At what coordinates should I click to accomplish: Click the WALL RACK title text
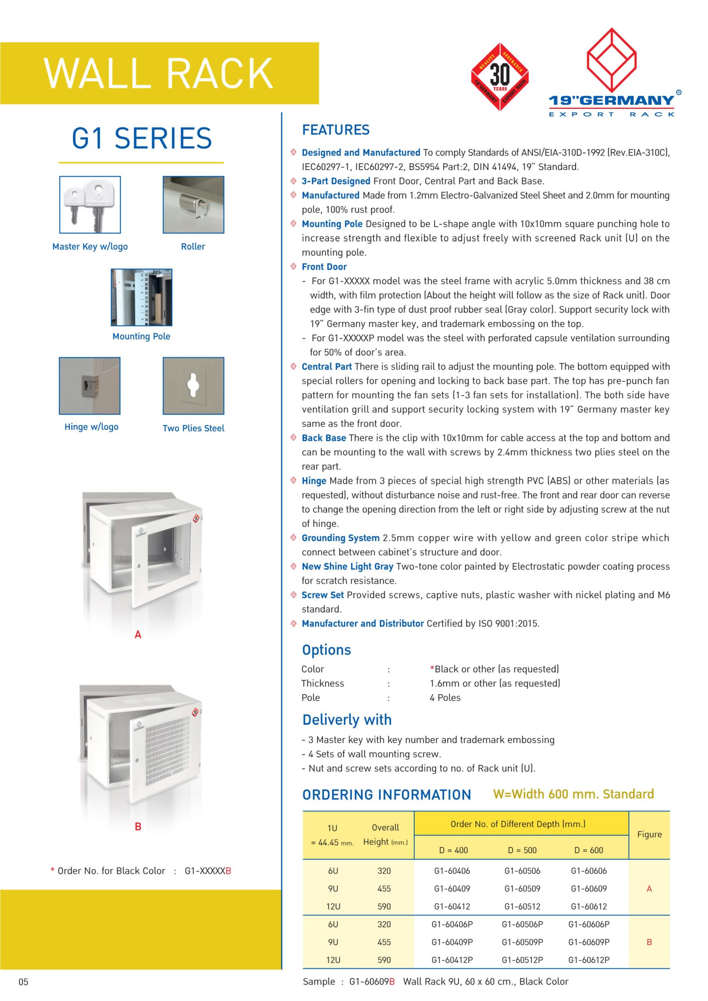coord(159,73)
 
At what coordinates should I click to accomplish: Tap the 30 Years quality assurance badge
coord(500,77)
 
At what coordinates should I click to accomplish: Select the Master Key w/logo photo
coord(90,204)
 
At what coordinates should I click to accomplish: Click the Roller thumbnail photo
coord(193,204)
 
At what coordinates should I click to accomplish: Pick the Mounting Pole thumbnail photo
coord(141,297)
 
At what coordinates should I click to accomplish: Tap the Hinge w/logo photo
coord(90,386)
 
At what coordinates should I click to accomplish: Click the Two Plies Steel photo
coord(193,386)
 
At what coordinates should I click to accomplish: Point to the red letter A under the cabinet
coord(138,635)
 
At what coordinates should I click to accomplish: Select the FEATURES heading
coord(335,130)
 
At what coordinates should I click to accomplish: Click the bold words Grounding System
coord(340,538)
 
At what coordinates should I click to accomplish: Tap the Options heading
coord(326,650)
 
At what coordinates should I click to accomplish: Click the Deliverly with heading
coord(347,720)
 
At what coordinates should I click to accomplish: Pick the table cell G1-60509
coord(522,888)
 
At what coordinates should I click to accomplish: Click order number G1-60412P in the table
coord(452,959)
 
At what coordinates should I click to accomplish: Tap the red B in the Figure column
coord(649,942)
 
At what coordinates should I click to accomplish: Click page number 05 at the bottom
coord(23,982)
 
